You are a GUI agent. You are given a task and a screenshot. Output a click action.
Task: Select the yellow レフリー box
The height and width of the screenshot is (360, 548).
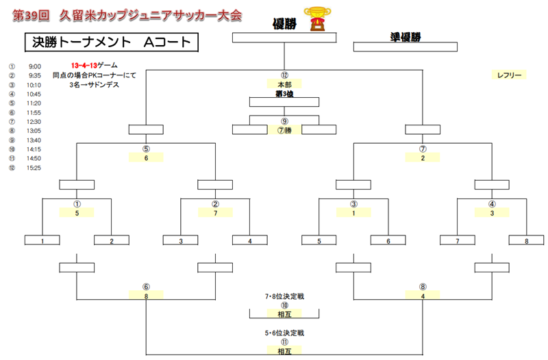click(x=508, y=75)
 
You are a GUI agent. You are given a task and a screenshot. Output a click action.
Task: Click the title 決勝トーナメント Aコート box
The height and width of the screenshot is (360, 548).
click(x=111, y=42)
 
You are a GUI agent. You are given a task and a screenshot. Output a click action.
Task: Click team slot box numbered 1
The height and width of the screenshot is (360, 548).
click(x=42, y=240)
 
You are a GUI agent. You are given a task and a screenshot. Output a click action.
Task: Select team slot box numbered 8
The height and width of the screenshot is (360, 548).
click(x=525, y=240)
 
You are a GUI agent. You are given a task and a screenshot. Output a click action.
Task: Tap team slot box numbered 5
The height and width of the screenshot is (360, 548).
click(x=319, y=240)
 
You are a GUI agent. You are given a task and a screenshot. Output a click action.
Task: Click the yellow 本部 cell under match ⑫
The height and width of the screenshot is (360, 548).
click(x=284, y=84)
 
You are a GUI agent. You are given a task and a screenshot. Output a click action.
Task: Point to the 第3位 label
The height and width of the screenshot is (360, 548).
click(x=284, y=93)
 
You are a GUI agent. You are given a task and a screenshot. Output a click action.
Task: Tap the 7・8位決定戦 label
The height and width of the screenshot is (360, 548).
click(x=284, y=296)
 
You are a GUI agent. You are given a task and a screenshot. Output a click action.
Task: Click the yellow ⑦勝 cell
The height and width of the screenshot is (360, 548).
click(x=284, y=129)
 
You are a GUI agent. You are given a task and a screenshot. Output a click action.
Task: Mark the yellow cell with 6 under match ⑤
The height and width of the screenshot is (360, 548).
click(x=146, y=157)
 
